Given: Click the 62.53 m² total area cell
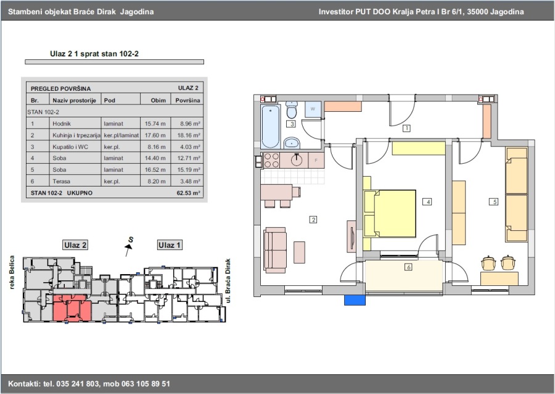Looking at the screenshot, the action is point(188,193).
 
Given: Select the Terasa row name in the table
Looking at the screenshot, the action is point(61,182).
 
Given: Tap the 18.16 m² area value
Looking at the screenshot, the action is point(189,135).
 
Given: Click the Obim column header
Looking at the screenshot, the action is point(158,100).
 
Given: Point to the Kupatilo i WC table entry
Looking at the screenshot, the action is point(70,147).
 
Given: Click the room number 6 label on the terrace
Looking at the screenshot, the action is point(408,267).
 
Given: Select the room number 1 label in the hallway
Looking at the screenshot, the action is point(406,128).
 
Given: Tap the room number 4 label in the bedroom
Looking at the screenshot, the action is point(427,202).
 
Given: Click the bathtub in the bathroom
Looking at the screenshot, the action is point(271,126).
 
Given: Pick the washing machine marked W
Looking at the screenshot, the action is point(313,109).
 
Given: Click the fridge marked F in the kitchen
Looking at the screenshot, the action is point(316,161).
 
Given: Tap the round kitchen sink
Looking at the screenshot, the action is point(297,160).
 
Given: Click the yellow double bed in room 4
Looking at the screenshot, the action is point(390,213).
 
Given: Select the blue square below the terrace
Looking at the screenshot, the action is point(355,300).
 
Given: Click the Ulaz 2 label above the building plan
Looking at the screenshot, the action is point(75,245).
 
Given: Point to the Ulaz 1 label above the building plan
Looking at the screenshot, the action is point(170,245).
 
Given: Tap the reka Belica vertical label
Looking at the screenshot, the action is point(12,272).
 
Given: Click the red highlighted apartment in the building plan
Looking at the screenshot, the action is point(72,308).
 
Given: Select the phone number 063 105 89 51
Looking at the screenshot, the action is point(146,384).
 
